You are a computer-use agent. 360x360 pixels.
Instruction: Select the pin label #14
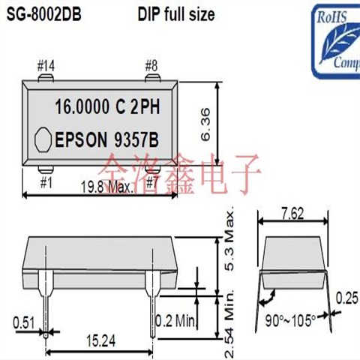46,66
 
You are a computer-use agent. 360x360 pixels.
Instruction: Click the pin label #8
151,66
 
